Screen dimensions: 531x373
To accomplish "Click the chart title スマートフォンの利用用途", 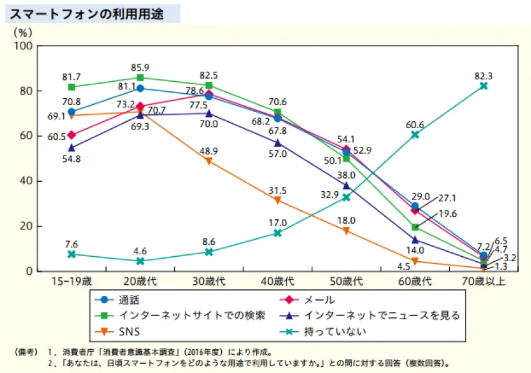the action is [87, 14].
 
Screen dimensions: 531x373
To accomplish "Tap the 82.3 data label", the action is [484, 76].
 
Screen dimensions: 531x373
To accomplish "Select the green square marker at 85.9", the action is [140, 77].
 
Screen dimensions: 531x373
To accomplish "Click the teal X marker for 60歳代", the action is [415, 135].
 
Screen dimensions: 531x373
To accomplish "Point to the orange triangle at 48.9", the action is [209, 161].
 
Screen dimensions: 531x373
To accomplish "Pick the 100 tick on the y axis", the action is [23, 46].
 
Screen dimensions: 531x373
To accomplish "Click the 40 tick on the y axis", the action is [26, 181].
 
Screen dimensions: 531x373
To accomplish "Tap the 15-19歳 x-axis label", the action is [71, 281].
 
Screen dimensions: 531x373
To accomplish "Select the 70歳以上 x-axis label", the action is [484, 281].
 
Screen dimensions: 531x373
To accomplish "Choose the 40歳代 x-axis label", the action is [277, 281].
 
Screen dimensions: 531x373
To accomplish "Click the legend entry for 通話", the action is [117, 300].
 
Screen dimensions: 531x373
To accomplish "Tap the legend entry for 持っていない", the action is [324, 331].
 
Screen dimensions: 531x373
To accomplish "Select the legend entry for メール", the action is [307, 300].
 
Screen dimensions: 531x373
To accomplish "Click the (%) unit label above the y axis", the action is [23, 32].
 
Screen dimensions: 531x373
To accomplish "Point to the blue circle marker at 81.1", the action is [140, 89].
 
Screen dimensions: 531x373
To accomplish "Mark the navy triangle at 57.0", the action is [278, 142].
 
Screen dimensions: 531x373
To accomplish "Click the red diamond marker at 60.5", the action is [71, 135].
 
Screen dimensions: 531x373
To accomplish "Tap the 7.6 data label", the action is [71, 244].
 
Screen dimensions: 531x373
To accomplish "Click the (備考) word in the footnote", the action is [26, 352].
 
